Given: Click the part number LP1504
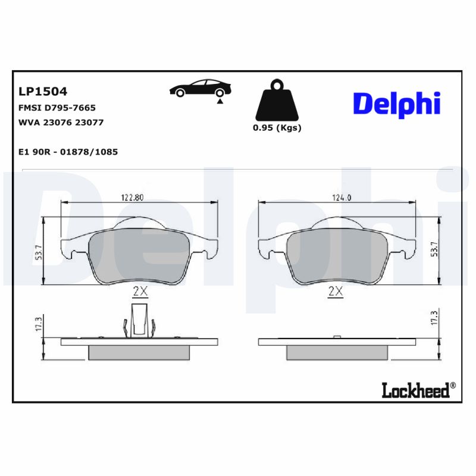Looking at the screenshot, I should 43,92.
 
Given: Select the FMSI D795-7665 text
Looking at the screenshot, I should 58,108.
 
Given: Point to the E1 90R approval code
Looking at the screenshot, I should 68,152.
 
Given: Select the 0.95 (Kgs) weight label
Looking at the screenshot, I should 277,128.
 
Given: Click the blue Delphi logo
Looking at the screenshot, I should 396,104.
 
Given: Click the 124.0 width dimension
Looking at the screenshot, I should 336,198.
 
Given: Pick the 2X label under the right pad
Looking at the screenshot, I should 336,291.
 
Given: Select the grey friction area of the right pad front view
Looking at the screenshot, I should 336,256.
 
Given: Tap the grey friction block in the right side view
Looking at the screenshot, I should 336,353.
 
